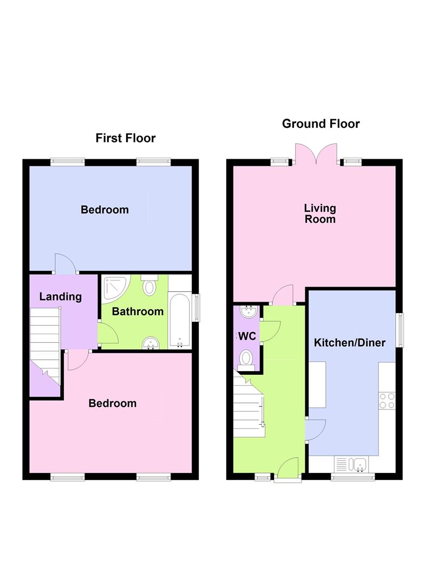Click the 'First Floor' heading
[x=125, y=138]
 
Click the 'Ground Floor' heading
[x=321, y=124]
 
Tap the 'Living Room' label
[x=319, y=213]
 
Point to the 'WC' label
[x=247, y=336]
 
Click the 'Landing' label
[x=61, y=296]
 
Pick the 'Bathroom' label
[x=138, y=311]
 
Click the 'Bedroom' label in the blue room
[x=104, y=210]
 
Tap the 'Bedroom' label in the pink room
[x=113, y=404]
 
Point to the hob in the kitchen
[x=387, y=400]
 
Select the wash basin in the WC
[x=248, y=313]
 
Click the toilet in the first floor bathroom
[x=149, y=285]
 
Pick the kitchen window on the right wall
[x=400, y=329]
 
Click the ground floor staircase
[x=249, y=404]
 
